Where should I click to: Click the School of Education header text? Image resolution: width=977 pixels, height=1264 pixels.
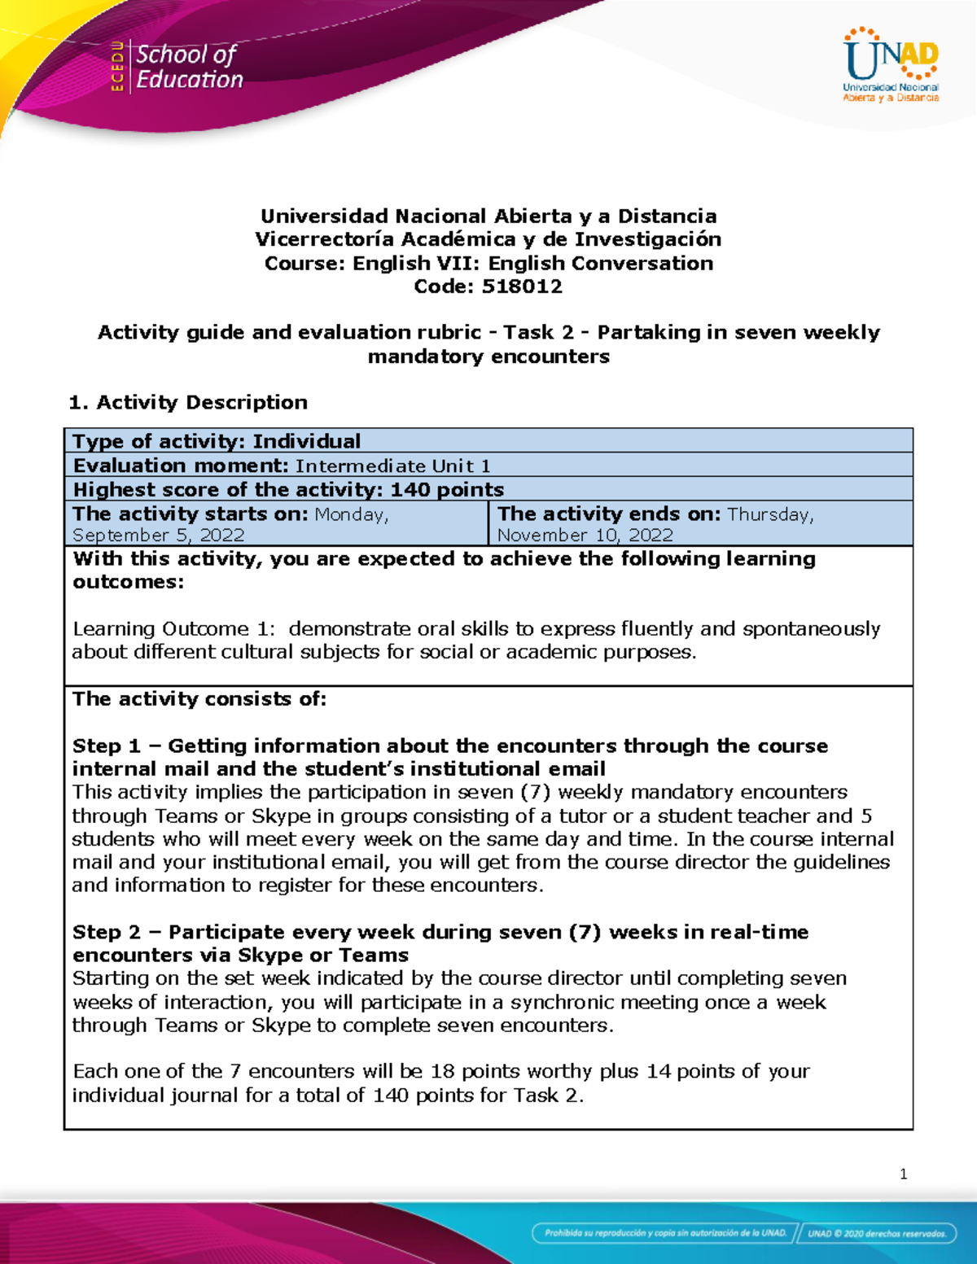coord(189,67)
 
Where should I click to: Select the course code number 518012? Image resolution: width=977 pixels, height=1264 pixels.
coord(522,286)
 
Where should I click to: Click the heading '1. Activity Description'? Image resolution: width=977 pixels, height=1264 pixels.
coord(188,402)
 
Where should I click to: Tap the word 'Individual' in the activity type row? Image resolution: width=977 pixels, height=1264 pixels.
coord(306,441)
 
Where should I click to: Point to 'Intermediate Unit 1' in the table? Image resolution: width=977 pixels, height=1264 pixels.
coord(392,466)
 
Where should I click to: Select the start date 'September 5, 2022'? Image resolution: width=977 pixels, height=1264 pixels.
coord(159,535)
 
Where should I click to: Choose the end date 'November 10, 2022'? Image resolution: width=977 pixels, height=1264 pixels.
coord(585,535)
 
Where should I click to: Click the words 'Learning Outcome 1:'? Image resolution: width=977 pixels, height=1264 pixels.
coord(174,628)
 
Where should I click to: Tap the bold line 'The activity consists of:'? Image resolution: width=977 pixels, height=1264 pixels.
coord(199,698)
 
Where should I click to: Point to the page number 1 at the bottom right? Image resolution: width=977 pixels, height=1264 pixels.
coord(903,1174)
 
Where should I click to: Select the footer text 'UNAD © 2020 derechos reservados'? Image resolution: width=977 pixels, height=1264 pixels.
coord(876,1233)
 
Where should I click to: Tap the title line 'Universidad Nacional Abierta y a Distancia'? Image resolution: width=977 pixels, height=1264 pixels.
coord(488,216)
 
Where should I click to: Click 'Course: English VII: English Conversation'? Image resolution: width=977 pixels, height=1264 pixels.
coord(488,263)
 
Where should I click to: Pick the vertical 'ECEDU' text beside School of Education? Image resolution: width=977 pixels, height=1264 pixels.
coord(117,66)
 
